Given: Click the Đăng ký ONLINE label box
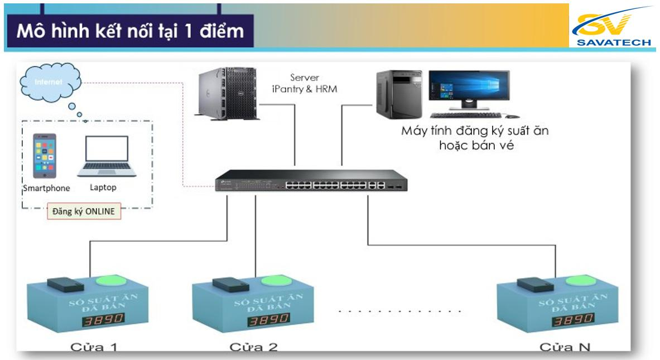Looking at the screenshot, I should [x=84, y=212].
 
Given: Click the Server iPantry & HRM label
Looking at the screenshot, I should [x=305, y=83].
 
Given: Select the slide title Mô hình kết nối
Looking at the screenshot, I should [x=130, y=31].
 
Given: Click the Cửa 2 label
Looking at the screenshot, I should [x=253, y=347].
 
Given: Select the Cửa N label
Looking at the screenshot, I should [x=565, y=347].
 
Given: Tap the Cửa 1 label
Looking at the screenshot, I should [x=94, y=347].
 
